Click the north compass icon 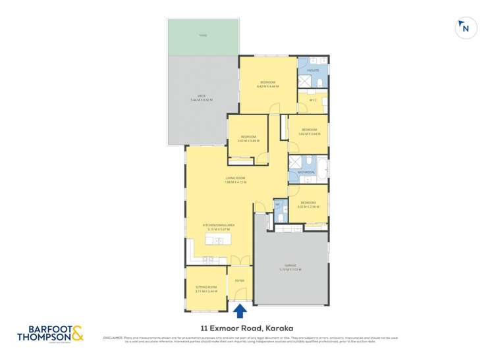tap(465, 28)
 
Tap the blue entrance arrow tap(240, 310)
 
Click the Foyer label tap(240, 280)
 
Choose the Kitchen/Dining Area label tap(219, 225)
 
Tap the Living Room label tap(235, 178)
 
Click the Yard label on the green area tap(203, 36)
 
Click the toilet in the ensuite tap(319, 82)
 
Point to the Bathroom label tap(306, 172)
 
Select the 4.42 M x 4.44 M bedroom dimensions tap(267, 86)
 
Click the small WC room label tap(278, 205)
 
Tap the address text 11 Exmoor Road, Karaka tap(247, 327)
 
